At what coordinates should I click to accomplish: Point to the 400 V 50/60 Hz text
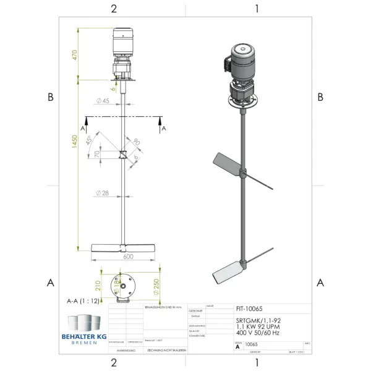257,333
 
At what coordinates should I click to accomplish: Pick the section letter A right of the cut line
164,128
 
